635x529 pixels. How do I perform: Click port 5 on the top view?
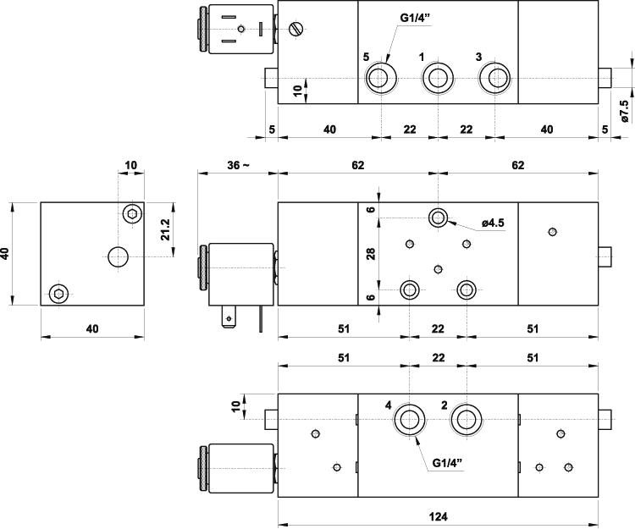[379, 79]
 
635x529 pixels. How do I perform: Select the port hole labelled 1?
[437, 79]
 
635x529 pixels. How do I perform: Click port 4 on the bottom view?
[412, 418]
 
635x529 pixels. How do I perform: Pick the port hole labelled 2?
[466, 418]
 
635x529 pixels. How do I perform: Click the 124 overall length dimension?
[438, 515]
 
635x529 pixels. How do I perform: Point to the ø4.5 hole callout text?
[493, 223]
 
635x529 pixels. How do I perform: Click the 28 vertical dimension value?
[371, 254]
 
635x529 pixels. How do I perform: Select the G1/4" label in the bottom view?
[449, 463]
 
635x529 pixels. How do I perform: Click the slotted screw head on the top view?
[295, 30]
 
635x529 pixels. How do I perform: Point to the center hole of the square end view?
[118, 255]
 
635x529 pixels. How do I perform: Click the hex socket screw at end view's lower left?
[58, 294]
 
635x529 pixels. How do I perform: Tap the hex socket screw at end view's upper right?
[131, 213]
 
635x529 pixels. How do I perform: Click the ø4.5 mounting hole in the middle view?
[438, 218]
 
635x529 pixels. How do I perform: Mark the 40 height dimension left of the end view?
[7, 253]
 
